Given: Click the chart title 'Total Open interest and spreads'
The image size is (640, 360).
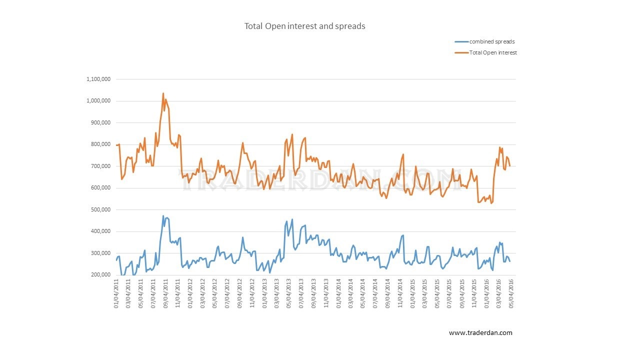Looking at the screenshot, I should click(304, 26).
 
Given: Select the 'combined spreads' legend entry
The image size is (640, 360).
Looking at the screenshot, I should click(492, 41).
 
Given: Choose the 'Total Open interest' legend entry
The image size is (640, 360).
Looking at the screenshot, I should click(493, 52).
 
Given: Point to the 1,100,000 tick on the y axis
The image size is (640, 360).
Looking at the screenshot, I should click(98, 79).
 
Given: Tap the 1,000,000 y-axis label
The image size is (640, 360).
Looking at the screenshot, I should click(98, 101).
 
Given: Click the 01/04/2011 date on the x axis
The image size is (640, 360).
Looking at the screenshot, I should click(116, 293).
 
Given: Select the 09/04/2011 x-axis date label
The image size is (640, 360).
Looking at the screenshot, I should click(165, 293).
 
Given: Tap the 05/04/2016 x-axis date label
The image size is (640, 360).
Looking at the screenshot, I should click(510, 293).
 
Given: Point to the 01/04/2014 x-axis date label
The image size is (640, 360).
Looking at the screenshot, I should click(338, 293).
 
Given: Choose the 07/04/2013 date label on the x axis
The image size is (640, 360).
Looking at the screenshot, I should click(301, 293).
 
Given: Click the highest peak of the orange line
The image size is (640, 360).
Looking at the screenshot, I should click(163, 93).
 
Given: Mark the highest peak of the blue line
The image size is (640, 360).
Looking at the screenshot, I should click(163, 216).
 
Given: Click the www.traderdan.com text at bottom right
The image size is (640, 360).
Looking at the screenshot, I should click(480, 332).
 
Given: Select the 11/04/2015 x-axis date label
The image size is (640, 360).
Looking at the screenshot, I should click(474, 293).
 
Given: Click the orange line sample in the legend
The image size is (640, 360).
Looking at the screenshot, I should click(461, 52).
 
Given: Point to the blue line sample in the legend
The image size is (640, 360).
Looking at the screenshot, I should click(461, 41).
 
